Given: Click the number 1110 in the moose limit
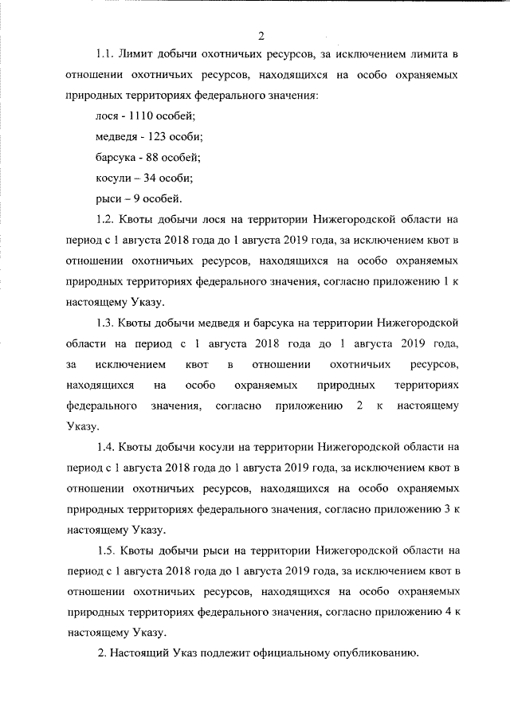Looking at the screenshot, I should point(142,116).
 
